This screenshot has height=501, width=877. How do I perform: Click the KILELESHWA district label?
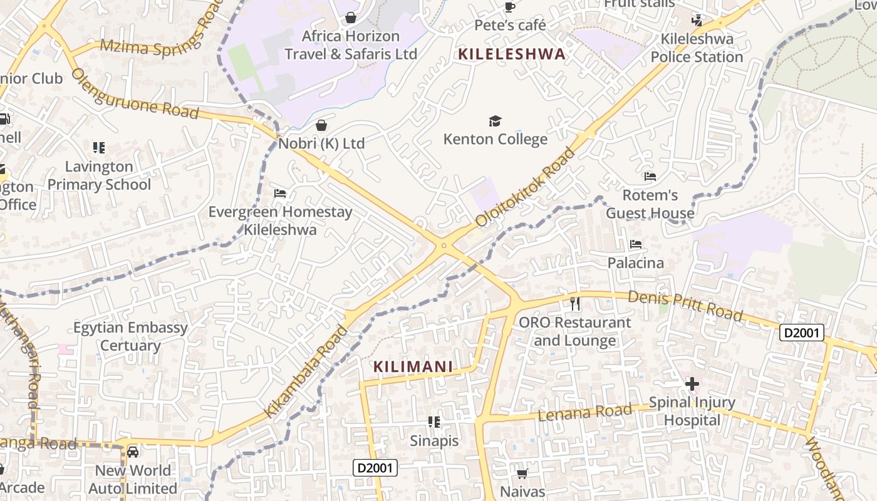511,54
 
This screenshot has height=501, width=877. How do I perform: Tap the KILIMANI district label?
413,366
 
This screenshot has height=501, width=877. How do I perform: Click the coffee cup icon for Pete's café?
510,8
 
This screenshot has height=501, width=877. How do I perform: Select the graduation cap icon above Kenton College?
496,121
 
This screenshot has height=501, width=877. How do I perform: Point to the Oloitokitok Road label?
526,187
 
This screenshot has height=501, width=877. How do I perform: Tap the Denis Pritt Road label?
685,305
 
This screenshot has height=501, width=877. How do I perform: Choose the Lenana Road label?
585,412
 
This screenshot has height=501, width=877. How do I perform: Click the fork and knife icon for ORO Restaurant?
575,304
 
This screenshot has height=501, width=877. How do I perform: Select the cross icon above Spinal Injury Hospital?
692,383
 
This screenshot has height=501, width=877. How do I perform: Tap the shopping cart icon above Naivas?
522,473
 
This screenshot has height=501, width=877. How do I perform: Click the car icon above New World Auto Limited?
133,452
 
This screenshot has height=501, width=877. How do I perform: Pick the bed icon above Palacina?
636,244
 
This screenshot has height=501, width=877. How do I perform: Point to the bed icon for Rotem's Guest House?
650,177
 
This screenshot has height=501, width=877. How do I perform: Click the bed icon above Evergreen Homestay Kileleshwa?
280,194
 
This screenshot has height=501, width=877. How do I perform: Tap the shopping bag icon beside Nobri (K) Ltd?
321,125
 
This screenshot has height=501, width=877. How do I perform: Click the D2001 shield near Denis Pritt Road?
801,333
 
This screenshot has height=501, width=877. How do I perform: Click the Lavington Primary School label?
100,175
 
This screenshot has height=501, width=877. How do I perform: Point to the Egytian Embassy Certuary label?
130,336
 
